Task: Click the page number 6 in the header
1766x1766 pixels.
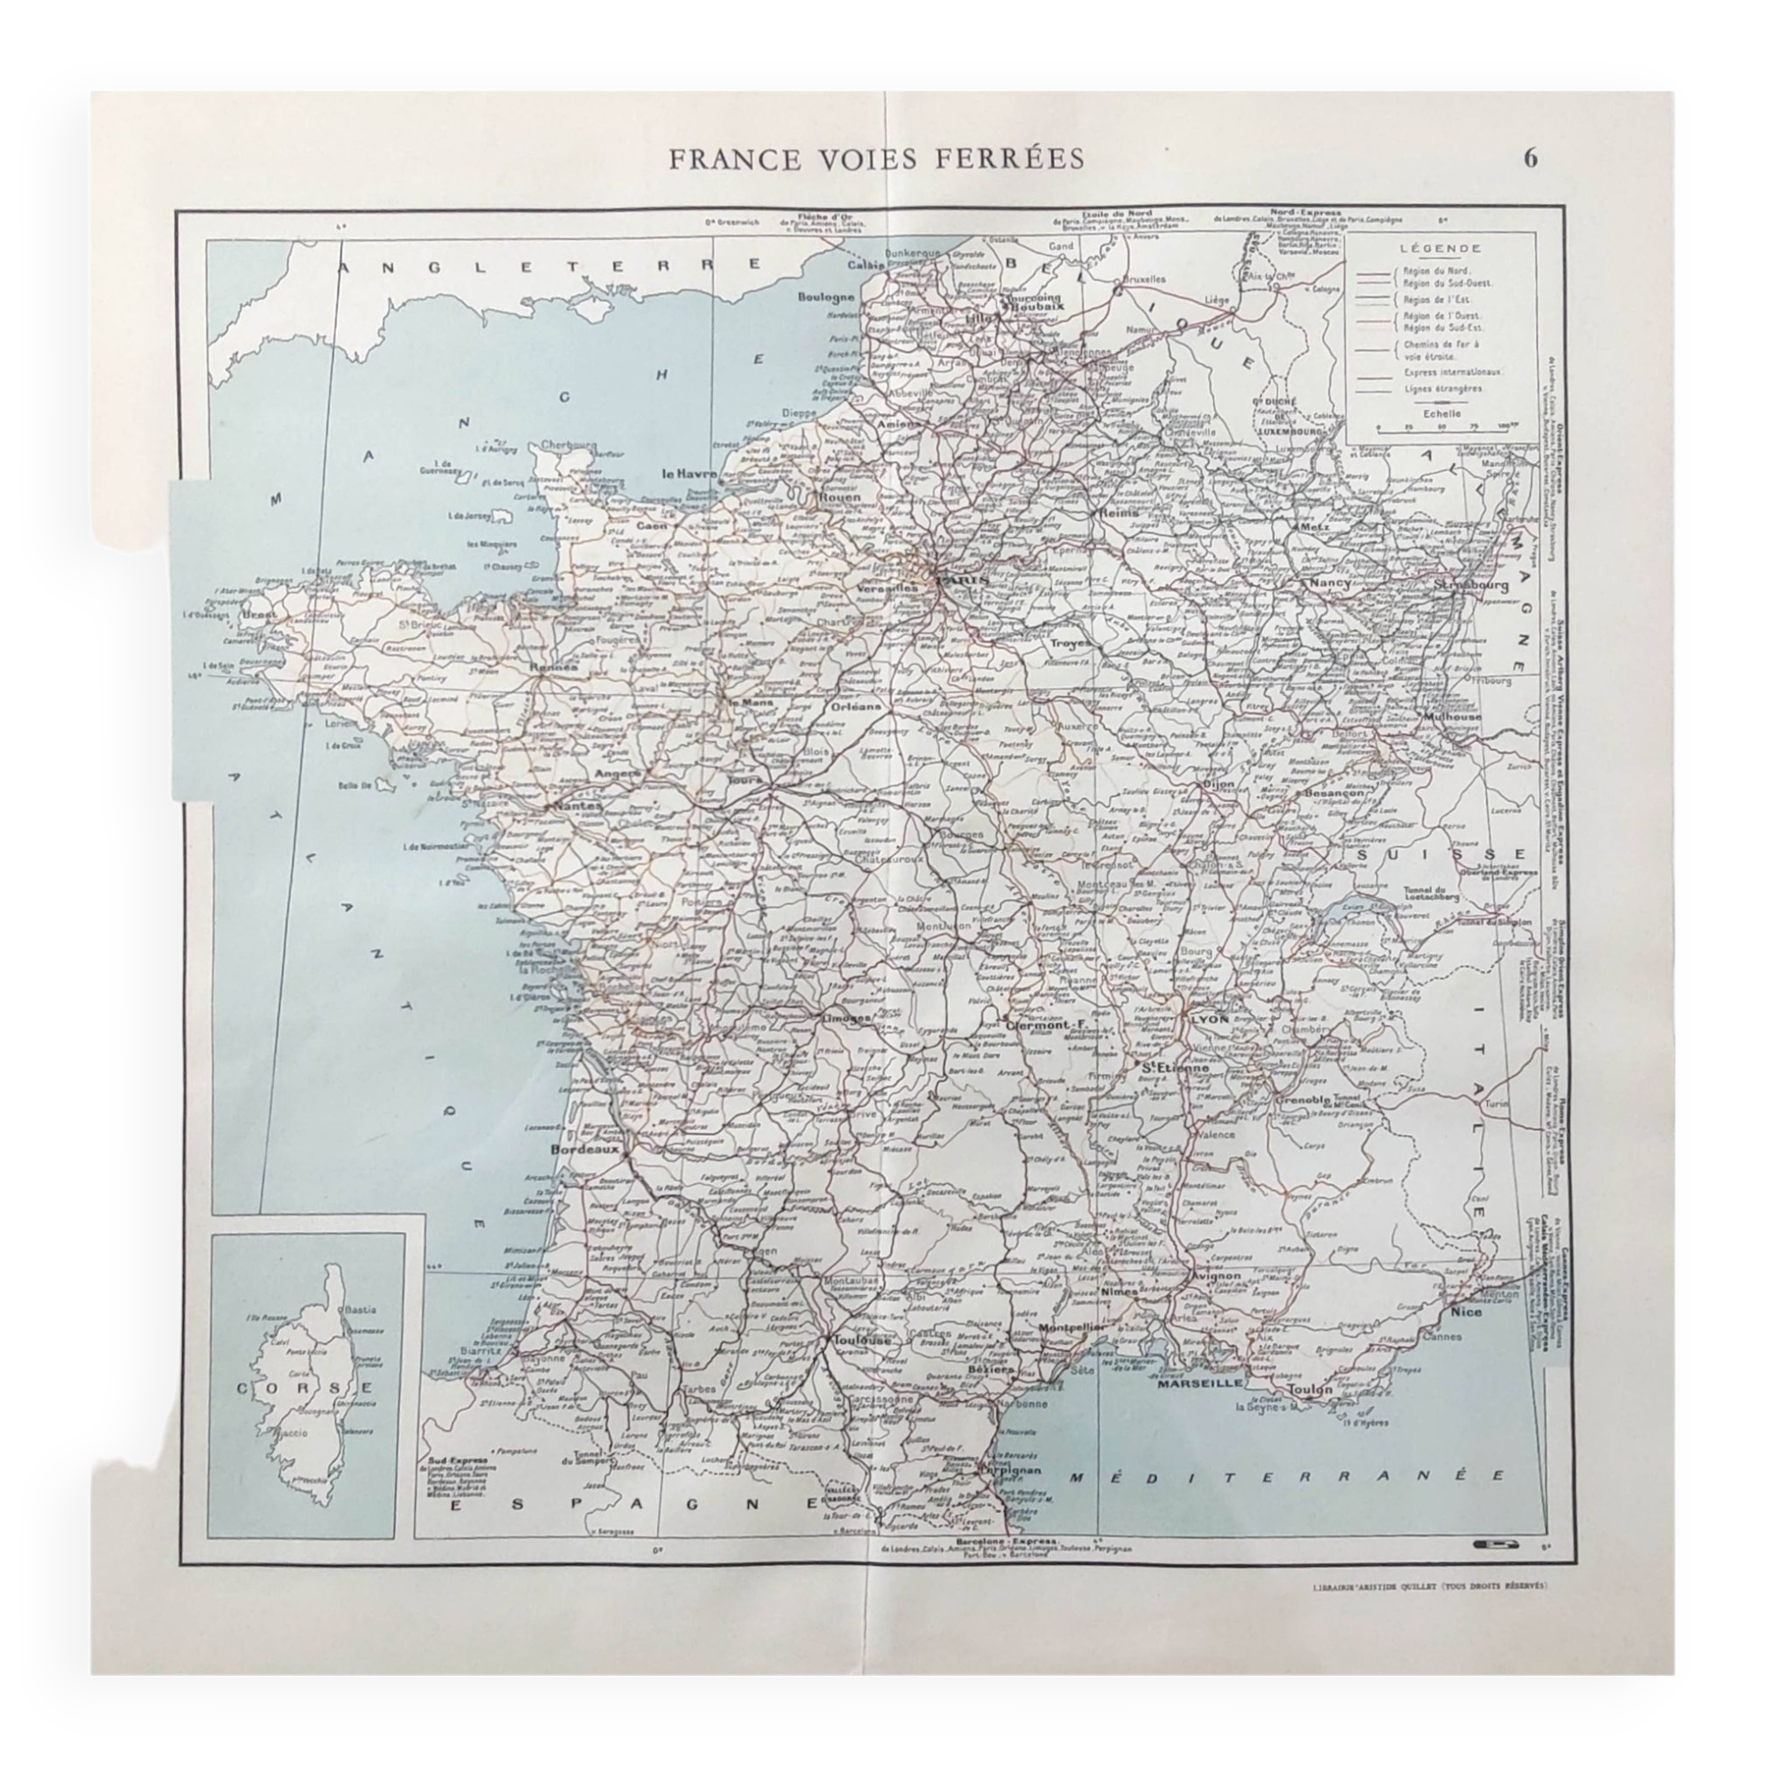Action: click(x=1530, y=158)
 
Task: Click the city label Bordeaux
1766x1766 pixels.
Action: click(x=585, y=1148)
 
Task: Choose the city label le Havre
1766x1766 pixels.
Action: click(x=691, y=473)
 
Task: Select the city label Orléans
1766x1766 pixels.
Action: click(x=856, y=706)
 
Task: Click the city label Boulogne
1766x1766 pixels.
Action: click(x=826, y=296)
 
